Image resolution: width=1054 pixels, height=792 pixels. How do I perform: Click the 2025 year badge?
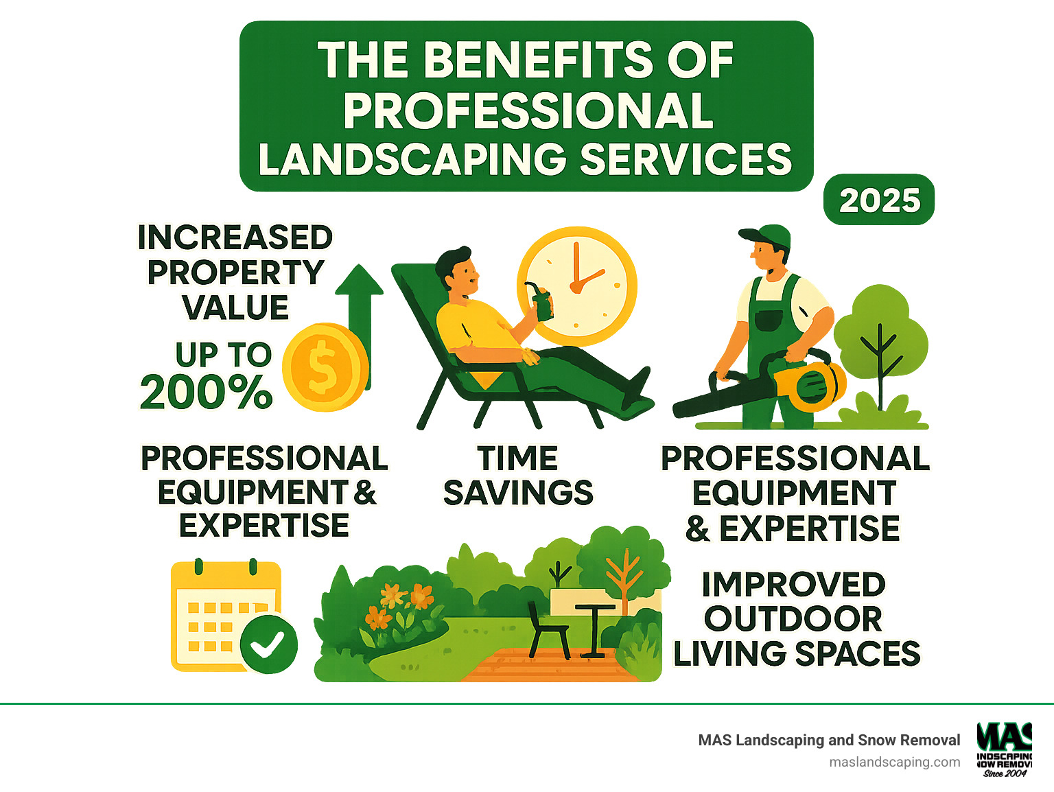[x=879, y=200]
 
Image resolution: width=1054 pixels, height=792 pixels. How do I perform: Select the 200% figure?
[x=206, y=393]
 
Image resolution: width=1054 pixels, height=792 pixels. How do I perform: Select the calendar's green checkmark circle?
[x=268, y=644]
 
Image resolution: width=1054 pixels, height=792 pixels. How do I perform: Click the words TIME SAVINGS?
[x=518, y=476]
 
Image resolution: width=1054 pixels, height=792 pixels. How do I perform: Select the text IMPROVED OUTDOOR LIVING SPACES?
[x=796, y=619]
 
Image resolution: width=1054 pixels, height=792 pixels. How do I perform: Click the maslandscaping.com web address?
[x=894, y=762]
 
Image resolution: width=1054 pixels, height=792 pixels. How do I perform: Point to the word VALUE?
[x=235, y=307]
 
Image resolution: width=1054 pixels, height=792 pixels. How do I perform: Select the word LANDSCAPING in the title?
[x=412, y=159]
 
